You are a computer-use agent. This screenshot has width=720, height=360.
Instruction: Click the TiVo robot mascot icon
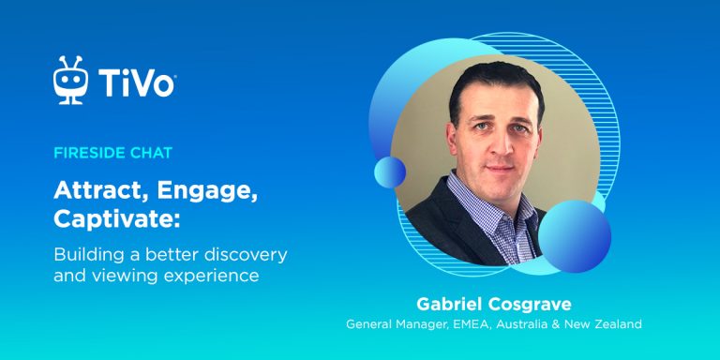[70, 82]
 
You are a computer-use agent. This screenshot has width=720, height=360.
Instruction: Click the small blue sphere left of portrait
[390, 172]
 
